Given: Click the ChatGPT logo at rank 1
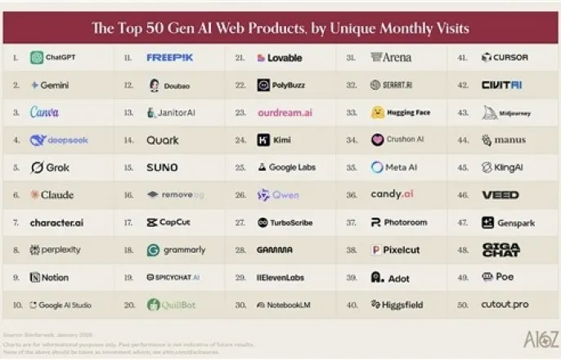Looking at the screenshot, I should coord(37,58).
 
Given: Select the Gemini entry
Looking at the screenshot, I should coord(52,85).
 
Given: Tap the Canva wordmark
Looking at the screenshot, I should coord(44,113).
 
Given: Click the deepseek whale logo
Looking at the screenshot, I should coord(38,140).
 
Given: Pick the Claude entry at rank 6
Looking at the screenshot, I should coord(52,195).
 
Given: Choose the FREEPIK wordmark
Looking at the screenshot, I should coord(169,58).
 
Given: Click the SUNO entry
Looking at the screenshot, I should coord(162,168).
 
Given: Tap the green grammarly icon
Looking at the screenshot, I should coord(153,250).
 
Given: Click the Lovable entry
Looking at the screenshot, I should coord(279,58).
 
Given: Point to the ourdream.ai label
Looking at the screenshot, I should coord(285,113).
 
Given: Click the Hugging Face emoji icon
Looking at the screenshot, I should coord(377,113).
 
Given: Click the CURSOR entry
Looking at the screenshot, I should coord(505,58).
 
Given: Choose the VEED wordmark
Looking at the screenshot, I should coord(500,195).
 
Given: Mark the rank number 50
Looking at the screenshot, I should coord(463,305).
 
